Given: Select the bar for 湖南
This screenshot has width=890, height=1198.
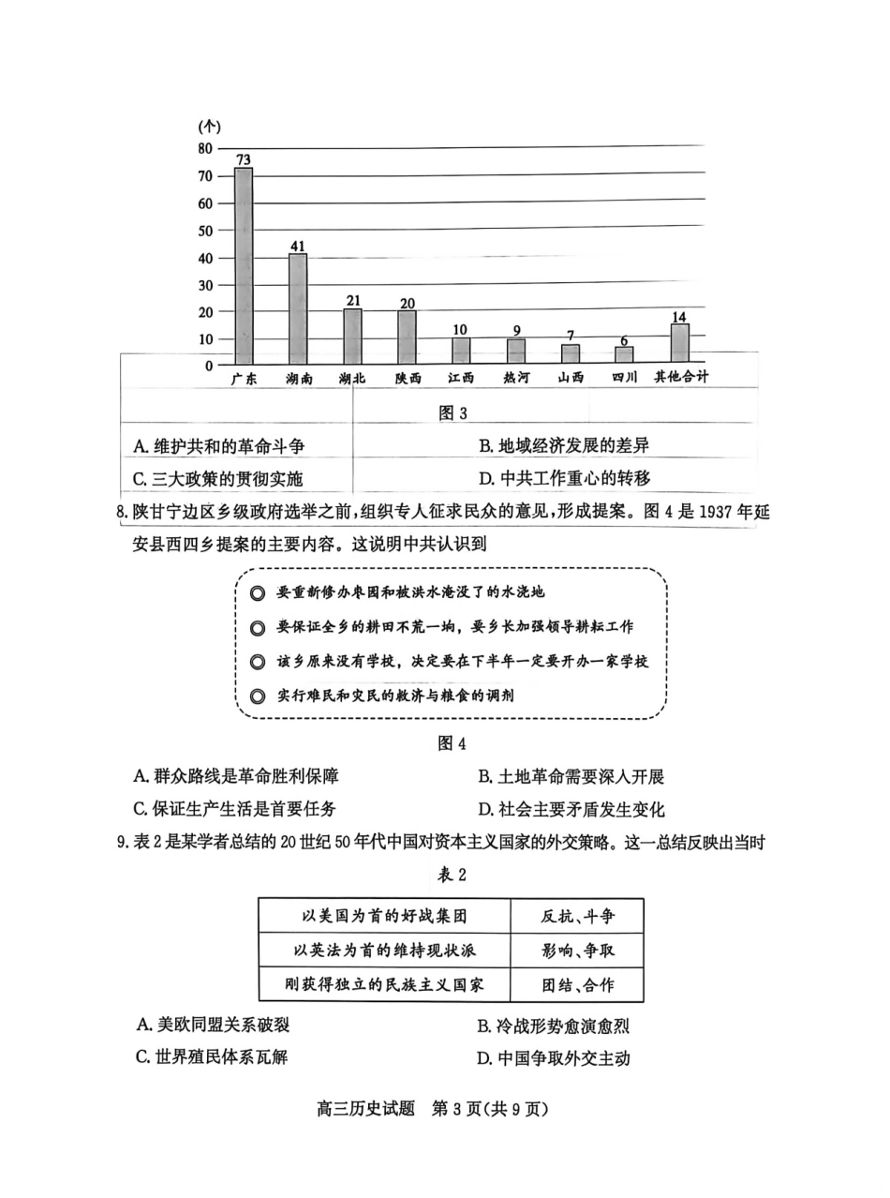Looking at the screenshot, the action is tap(298, 308).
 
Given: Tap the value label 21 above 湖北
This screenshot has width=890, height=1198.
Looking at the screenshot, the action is tap(352, 300).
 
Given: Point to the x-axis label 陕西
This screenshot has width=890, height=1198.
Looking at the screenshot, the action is tap(408, 378).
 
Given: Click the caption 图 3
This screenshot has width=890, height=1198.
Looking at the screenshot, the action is tap(452, 412).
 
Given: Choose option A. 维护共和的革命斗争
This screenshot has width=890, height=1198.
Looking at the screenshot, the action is tap(218, 446).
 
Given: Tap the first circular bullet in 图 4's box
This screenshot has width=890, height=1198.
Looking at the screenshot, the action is tap(257, 592).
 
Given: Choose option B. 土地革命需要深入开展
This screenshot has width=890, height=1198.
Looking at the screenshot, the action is tap(571, 776).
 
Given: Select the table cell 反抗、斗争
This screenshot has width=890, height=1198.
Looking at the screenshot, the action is tap(578, 916).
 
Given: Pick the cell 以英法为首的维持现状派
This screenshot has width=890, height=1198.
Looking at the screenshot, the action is tap(384, 951).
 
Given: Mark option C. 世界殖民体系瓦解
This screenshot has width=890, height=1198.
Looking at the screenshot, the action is tap(211, 1056).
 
